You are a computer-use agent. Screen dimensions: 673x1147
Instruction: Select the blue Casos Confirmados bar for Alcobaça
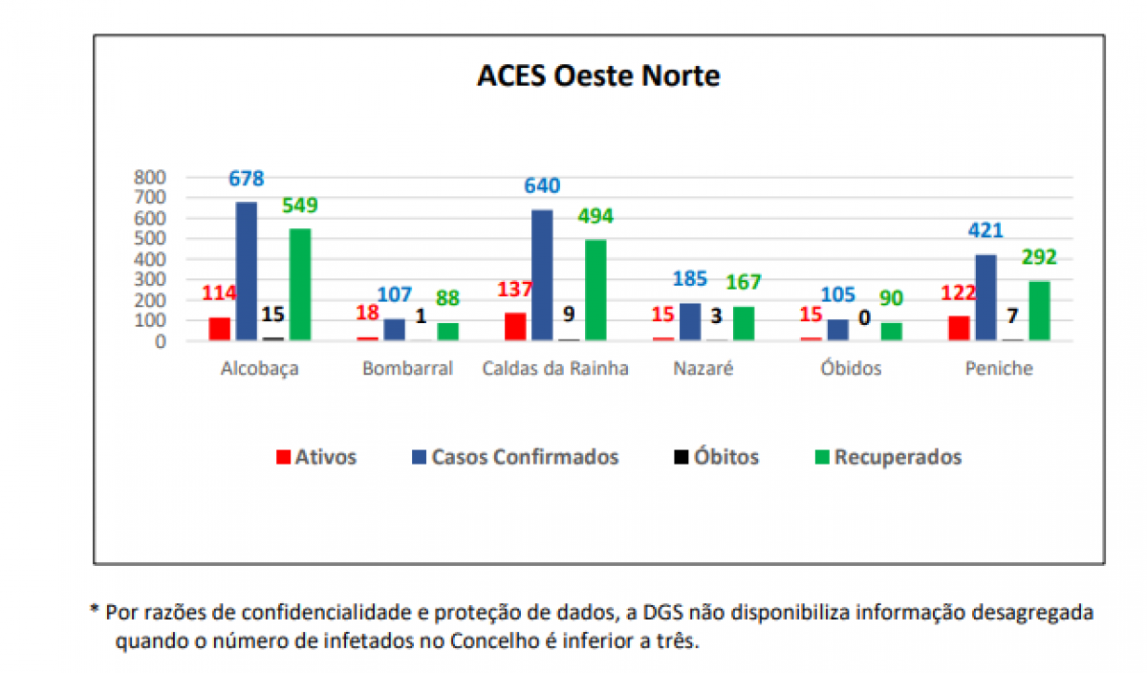pyautogui.click(x=247, y=271)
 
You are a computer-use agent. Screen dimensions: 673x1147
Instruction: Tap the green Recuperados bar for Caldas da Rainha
pyautogui.click(x=595, y=290)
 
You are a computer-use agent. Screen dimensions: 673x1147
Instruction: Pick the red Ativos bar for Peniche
pyautogui.click(x=959, y=328)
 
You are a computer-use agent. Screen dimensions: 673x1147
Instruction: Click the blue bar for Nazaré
pyautogui.click(x=690, y=322)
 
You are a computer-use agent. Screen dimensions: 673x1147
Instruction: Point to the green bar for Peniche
pyautogui.click(x=1040, y=311)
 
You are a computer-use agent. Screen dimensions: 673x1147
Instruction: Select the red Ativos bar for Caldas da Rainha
pyautogui.click(x=515, y=326)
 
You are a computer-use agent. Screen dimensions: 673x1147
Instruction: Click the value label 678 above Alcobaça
pyautogui.click(x=247, y=179)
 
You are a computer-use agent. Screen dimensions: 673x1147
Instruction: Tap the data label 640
pyautogui.click(x=542, y=186)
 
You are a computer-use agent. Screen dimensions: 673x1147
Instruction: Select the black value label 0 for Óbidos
pyautogui.click(x=864, y=318)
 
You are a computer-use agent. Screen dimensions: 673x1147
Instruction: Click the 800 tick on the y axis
pyautogui.click(x=151, y=177)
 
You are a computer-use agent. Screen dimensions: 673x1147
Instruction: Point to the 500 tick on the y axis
pyautogui.click(x=151, y=238)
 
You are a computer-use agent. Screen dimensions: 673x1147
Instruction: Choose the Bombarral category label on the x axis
pyautogui.click(x=407, y=369)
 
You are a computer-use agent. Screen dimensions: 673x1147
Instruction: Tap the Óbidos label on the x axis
pyautogui.click(x=851, y=369)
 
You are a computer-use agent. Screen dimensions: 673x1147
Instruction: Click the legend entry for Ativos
pyautogui.click(x=315, y=457)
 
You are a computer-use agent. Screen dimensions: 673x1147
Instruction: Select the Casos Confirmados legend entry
pyautogui.click(x=514, y=457)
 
